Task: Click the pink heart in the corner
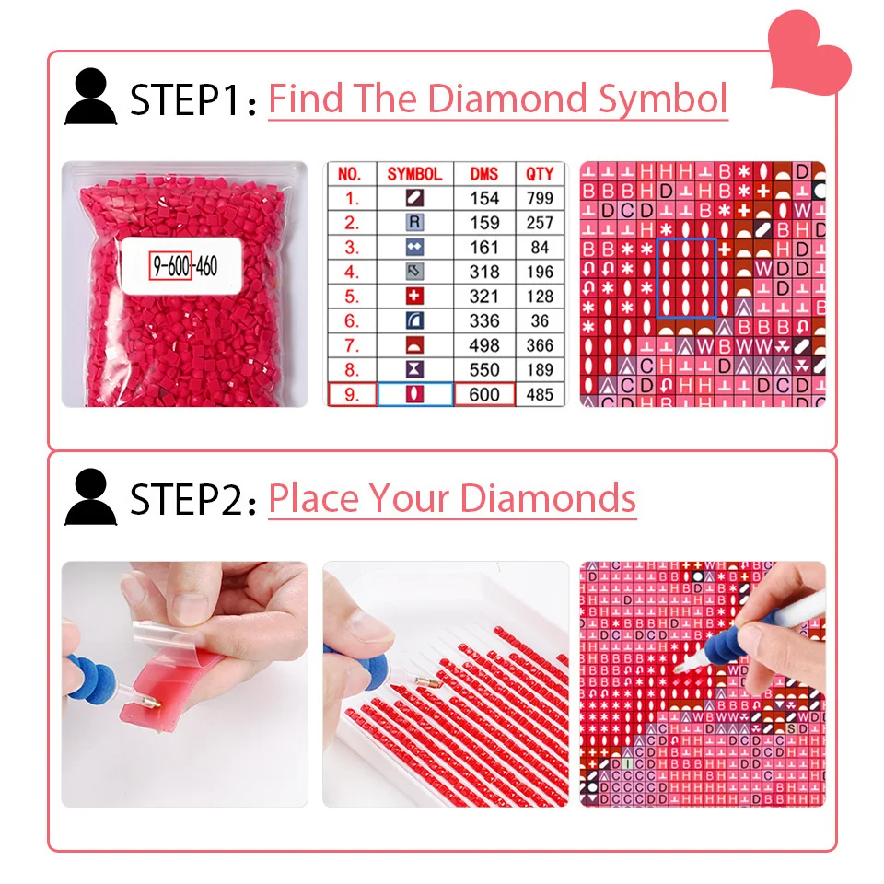pyautogui.click(x=810, y=52)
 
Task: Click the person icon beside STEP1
pyautogui.click(x=90, y=98)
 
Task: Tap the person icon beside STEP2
pyautogui.click(x=90, y=497)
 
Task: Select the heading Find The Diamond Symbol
pyautogui.click(x=497, y=99)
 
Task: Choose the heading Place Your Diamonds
pyautogui.click(x=451, y=498)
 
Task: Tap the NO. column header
pyautogui.click(x=351, y=174)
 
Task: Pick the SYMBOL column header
pyautogui.click(x=414, y=174)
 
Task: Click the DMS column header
pyautogui.click(x=484, y=174)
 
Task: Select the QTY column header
pyautogui.click(x=540, y=174)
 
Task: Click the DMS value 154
pyautogui.click(x=484, y=198)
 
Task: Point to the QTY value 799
pyautogui.click(x=540, y=198)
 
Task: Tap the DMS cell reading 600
pyautogui.click(x=484, y=394)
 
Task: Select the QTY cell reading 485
pyautogui.click(x=540, y=394)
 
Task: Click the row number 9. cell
pyautogui.click(x=351, y=394)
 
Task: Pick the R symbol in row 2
pyautogui.click(x=414, y=222)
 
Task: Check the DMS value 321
pyautogui.click(x=484, y=297)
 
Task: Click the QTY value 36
pyautogui.click(x=540, y=320)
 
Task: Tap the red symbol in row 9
pyautogui.click(x=414, y=394)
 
